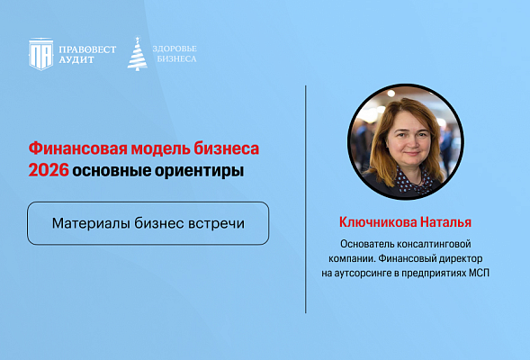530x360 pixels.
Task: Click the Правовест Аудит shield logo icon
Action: [40, 53]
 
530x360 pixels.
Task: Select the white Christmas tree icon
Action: [137, 53]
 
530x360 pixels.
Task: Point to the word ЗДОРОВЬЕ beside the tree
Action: [175, 48]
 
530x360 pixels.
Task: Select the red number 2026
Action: [48, 170]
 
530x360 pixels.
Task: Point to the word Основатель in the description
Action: [368, 244]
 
